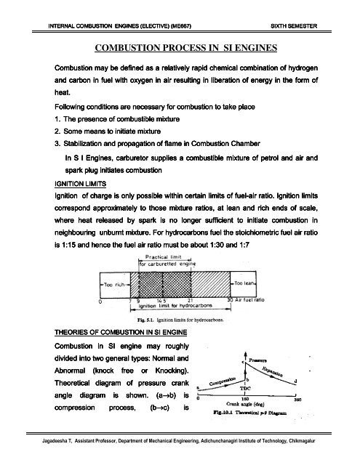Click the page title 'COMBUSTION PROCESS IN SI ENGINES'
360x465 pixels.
[180, 49]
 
